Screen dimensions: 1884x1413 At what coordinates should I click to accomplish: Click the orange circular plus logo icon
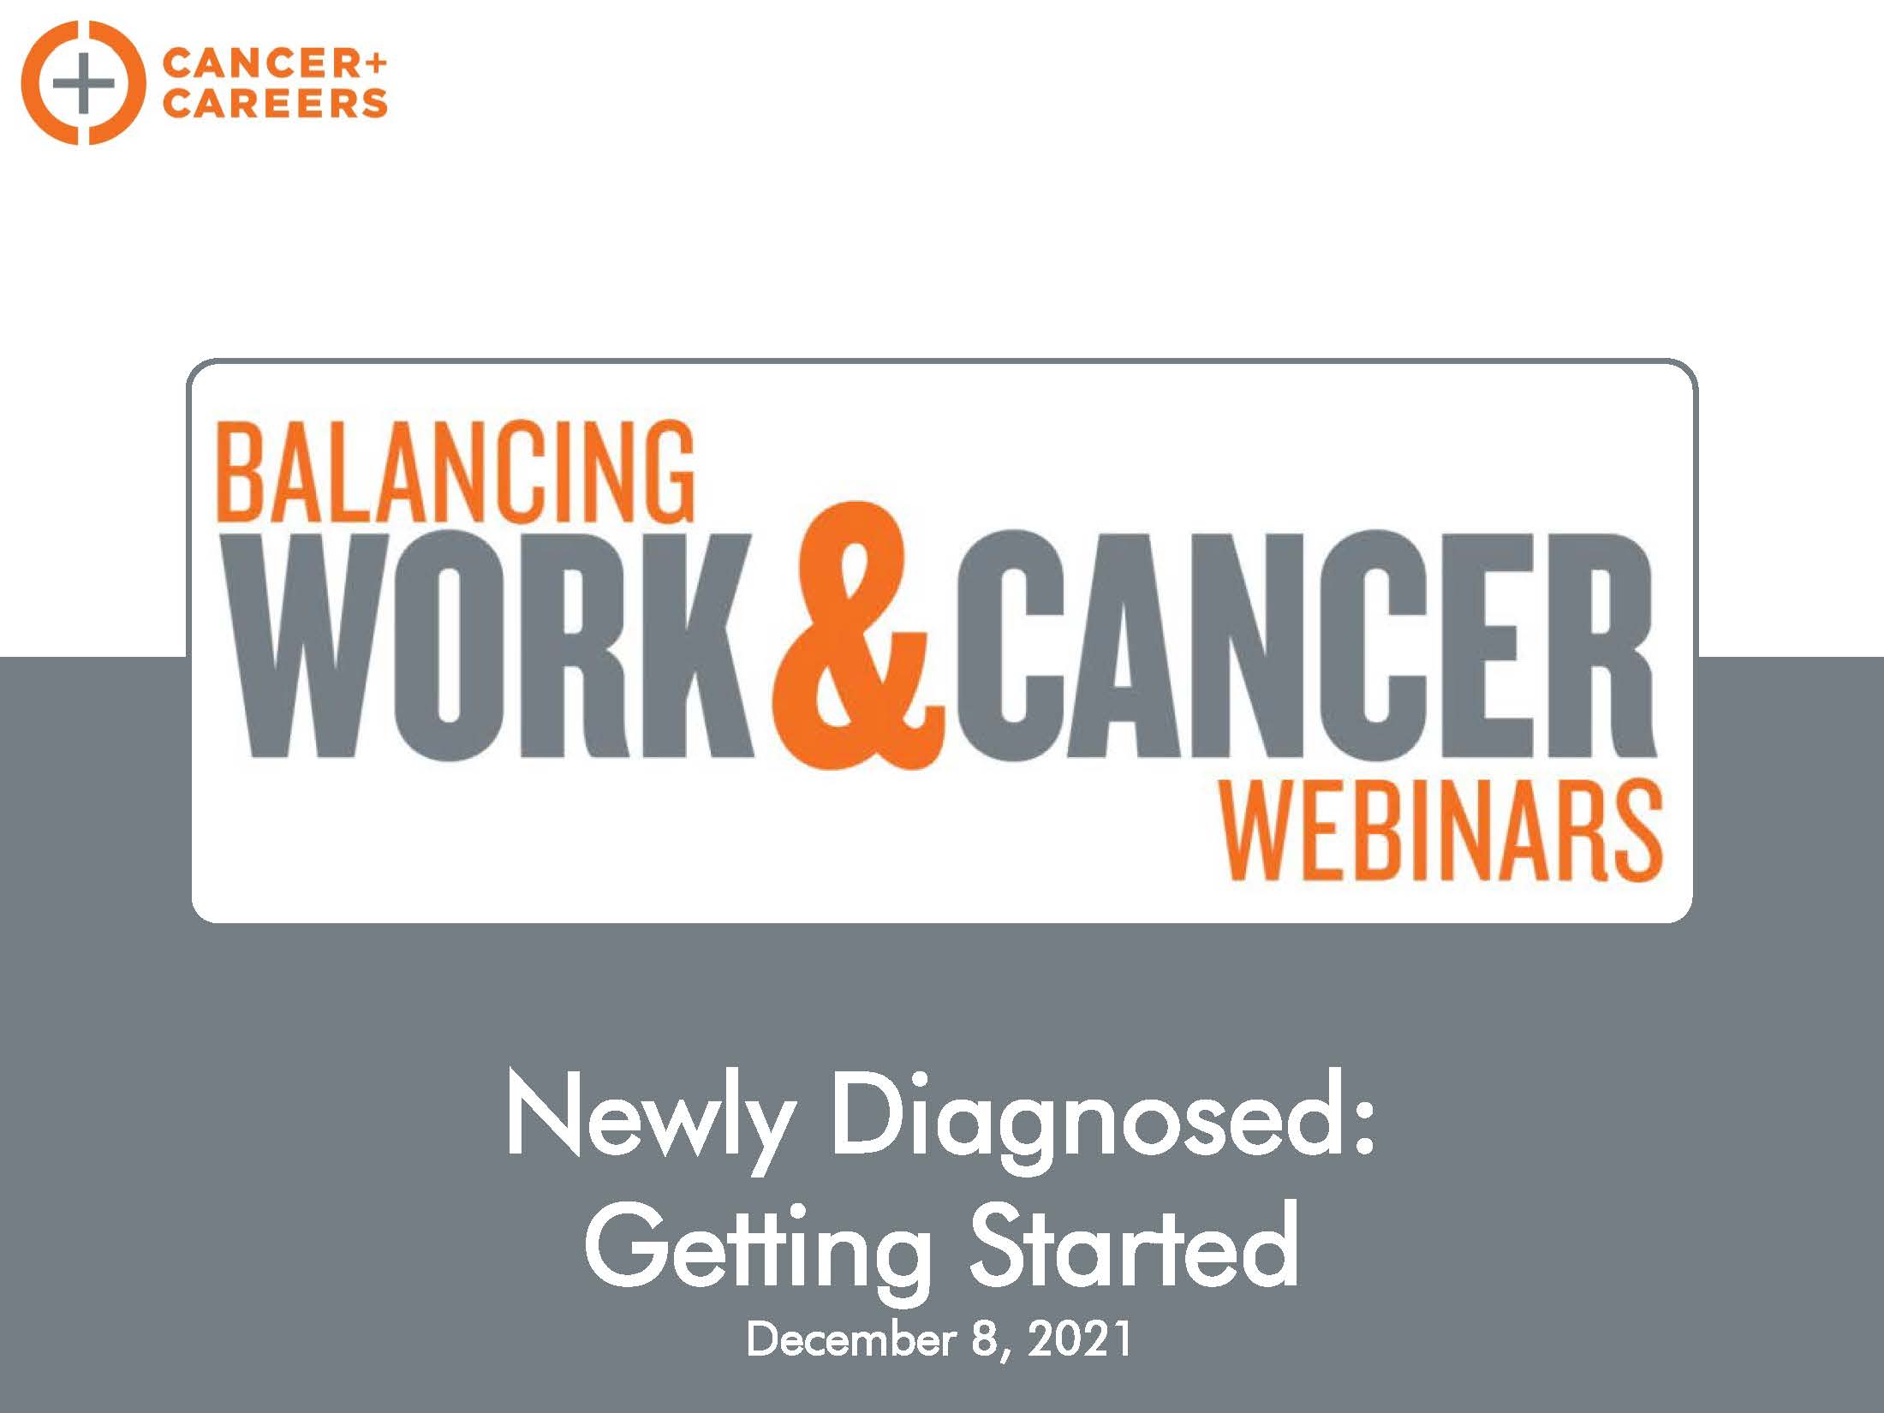pyautogui.click(x=84, y=83)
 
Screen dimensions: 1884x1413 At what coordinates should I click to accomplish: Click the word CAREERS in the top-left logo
pyautogui.click(x=275, y=104)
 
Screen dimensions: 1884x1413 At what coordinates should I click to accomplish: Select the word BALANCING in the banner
pyautogui.click(x=456, y=471)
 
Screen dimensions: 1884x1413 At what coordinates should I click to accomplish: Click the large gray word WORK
pyautogui.click(x=498, y=645)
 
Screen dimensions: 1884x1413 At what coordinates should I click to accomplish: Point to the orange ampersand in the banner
pyautogui.click(x=858, y=635)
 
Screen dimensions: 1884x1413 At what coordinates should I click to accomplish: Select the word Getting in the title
pyautogui.click(x=758, y=1249)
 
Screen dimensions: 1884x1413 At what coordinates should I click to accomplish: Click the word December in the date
pyautogui.click(x=851, y=1340)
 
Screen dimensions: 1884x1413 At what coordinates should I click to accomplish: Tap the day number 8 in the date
pyautogui.click(x=983, y=1340)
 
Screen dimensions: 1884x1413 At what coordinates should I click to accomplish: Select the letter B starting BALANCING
pyautogui.click(x=241, y=472)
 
